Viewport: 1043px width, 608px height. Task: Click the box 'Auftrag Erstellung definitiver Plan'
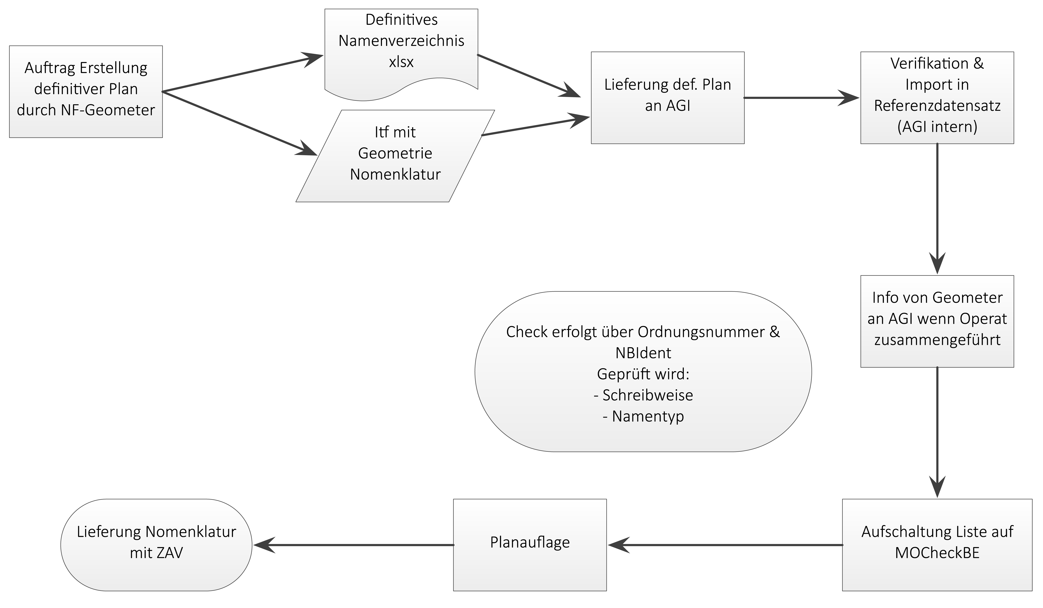[86, 91]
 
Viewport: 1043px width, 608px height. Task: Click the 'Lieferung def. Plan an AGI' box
[668, 98]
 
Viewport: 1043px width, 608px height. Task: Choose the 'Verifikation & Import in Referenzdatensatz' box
[937, 98]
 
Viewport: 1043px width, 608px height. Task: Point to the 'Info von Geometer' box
[937, 321]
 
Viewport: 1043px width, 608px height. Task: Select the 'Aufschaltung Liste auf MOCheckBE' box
[937, 545]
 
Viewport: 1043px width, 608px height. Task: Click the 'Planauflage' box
[530, 545]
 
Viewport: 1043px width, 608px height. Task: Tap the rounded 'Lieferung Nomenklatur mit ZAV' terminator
[156, 545]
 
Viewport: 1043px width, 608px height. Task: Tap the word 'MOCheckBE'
[937, 553]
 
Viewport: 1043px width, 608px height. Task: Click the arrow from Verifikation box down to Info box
[937, 209]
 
